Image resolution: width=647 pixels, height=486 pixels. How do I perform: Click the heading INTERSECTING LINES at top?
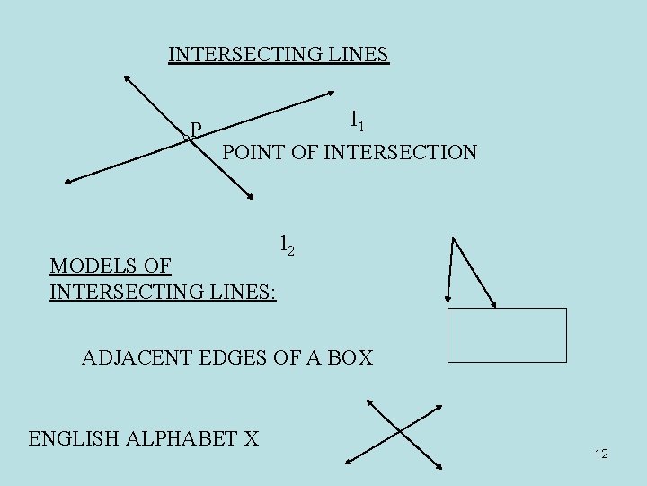[x=279, y=54]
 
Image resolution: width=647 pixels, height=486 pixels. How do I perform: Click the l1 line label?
[x=356, y=118]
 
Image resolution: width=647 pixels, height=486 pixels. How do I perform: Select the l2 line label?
[x=286, y=244]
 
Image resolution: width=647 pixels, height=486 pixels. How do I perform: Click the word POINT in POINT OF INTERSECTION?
[x=253, y=152]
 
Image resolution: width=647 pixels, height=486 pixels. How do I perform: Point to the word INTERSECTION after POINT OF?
[x=400, y=152]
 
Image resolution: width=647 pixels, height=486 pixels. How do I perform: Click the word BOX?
[x=351, y=357]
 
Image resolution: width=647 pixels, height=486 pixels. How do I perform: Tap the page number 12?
[x=601, y=454]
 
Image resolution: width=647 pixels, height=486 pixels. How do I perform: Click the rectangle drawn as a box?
[x=507, y=335]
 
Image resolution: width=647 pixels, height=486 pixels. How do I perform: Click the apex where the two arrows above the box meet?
[x=455, y=238]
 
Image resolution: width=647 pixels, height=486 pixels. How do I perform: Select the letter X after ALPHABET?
[x=251, y=438]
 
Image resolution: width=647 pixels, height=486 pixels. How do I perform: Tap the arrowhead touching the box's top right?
[x=493, y=305]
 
